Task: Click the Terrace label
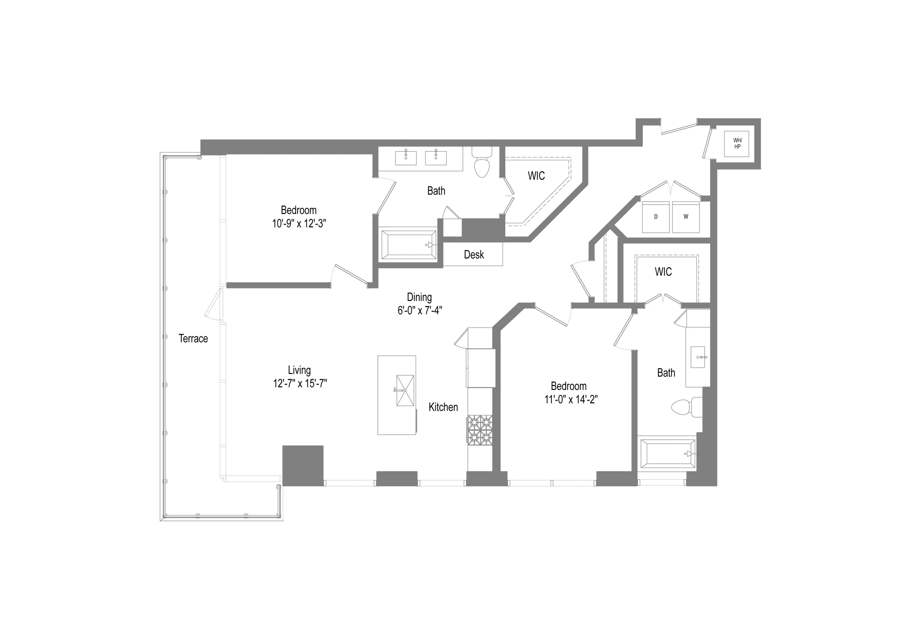pyautogui.click(x=193, y=339)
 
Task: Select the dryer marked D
pyautogui.click(x=655, y=217)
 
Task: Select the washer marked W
pyautogui.click(x=685, y=217)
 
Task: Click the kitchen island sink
pyautogui.click(x=405, y=390)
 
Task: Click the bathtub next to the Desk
pyautogui.click(x=408, y=245)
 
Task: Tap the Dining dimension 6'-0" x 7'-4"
pyautogui.click(x=420, y=310)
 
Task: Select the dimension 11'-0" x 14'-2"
pyautogui.click(x=571, y=399)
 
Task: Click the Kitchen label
pyautogui.click(x=443, y=407)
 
